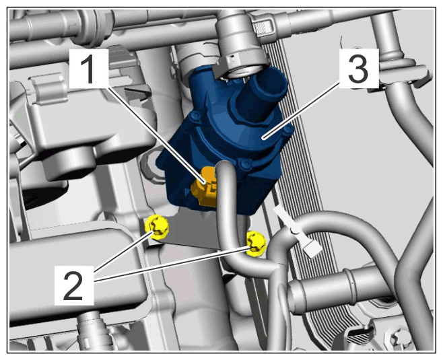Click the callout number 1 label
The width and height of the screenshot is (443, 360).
(x=89, y=69)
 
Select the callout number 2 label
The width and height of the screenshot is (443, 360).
(x=74, y=285)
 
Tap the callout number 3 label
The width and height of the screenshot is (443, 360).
(x=358, y=69)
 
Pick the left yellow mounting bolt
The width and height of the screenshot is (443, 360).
(x=157, y=227)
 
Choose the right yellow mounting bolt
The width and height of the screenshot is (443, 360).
(x=257, y=244)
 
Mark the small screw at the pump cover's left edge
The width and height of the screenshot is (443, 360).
(x=195, y=116)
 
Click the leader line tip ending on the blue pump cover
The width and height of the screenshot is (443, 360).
(x=263, y=138)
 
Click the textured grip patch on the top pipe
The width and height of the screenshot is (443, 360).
(x=259, y=28)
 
